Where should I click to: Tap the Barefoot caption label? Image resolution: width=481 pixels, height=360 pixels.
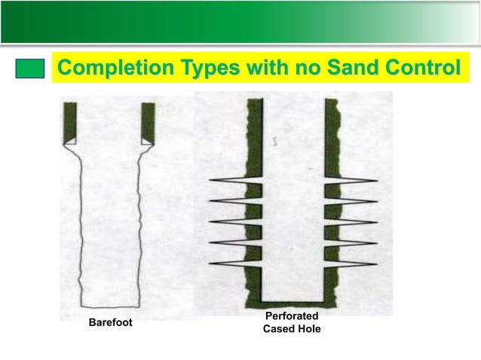pyautogui.click(x=110, y=322)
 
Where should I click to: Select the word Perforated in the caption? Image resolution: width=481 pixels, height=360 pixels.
pyautogui.click(x=292, y=316)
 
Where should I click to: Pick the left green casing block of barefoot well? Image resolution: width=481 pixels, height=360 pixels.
pyautogui.click(x=72, y=122)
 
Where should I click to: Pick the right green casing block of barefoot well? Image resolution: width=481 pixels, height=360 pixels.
pyautogui.click(x=148, y=122)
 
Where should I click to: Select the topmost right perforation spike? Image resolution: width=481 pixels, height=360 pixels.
pyautogui.click(x=354, y=181)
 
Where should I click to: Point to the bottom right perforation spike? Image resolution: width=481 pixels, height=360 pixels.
pyautogui.click(x=354, y=263)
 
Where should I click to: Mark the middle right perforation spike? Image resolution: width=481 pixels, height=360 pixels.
pyautogui.click(x=354, y=222)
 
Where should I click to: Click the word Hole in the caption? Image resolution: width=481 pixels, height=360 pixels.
pyautogui.click(x=308, y=328)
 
